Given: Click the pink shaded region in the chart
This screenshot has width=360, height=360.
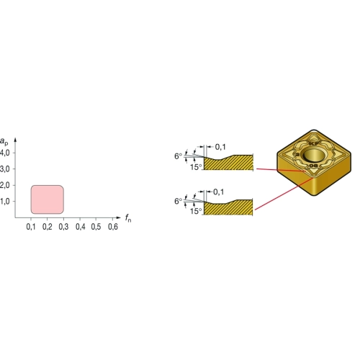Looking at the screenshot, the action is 48,199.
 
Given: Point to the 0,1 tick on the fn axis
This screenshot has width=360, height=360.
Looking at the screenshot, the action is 31,227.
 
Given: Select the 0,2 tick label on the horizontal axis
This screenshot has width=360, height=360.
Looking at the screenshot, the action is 48,227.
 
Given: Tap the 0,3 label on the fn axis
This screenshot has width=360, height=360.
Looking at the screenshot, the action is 63,227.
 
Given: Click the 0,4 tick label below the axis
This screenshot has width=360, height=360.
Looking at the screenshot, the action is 81,227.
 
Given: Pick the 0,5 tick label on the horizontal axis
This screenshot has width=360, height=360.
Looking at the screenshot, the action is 96,227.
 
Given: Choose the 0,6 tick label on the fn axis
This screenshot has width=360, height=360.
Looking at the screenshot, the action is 113,227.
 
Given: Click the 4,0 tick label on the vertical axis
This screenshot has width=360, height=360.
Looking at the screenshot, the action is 5,153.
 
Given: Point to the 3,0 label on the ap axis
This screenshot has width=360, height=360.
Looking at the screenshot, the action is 5,169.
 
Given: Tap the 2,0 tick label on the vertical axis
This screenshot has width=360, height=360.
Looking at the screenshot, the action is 5,185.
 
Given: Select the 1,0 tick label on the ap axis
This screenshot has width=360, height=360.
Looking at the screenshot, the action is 5,201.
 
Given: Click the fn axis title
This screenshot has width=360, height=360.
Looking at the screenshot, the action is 128,218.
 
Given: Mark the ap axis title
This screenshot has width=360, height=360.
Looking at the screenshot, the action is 4,141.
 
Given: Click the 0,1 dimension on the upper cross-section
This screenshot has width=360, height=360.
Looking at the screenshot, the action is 220,147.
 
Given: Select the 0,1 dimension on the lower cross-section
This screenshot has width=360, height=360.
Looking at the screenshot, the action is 219,192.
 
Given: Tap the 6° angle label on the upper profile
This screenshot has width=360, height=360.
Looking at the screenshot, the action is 178,156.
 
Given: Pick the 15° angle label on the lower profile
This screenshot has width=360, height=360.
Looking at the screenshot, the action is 196,211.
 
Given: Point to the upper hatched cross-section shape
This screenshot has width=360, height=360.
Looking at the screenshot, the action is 228,163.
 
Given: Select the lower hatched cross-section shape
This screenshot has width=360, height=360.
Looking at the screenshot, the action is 228,207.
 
